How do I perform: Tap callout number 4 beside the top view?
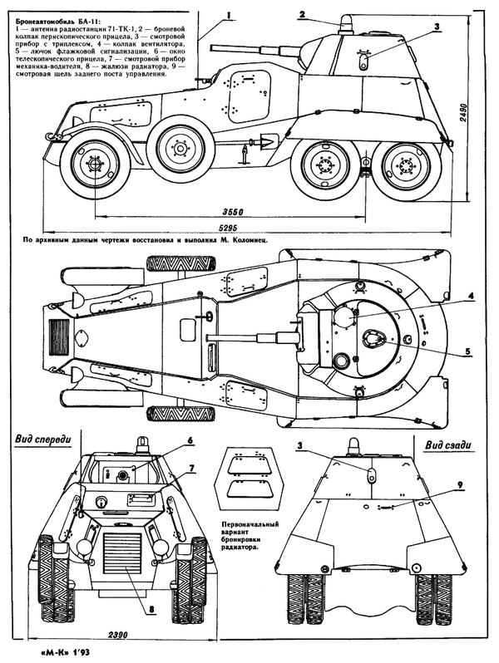pyautogui.click(x=470, y=296)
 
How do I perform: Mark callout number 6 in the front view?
pyautogui.click(x=190, y=440)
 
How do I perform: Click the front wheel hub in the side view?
pyautogui.click(x=91, y=166)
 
